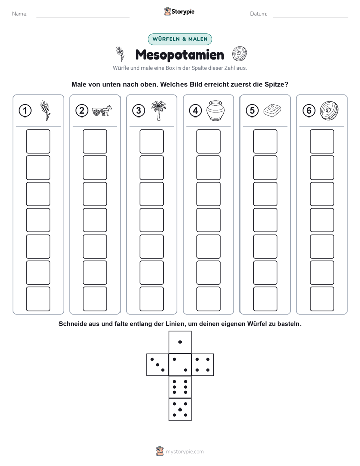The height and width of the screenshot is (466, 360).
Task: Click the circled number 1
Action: click(25, 111)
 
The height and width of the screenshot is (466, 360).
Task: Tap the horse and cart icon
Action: click(102, 110)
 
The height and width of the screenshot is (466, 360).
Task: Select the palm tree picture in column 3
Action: click(159, 110)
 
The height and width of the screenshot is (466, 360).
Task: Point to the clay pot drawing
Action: click(216, 110)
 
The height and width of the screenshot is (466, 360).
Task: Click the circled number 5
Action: click(252, 111)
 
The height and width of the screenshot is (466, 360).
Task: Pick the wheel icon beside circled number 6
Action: click(329, 110)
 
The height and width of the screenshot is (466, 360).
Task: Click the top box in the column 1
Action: click(38, 141)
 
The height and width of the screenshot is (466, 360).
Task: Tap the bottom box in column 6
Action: click(322, 299)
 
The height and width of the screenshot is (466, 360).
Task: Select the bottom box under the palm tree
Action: click(151, 299)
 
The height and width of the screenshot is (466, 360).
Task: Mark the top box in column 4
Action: click(208, 141)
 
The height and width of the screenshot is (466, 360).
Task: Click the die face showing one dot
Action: click(180, 342)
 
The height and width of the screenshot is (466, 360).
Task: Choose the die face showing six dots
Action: click(180, 387)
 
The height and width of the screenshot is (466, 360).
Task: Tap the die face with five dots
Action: click(180, 410)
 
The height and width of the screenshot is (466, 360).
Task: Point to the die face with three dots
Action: click(158, 365)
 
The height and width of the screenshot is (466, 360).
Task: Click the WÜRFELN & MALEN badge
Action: click(180, 39)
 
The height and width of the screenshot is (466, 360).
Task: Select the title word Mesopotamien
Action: click(179, 54)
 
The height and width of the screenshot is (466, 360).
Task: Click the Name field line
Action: click(83, 17)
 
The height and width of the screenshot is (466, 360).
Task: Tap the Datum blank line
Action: click(311, 17)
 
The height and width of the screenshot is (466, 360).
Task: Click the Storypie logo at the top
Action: click(179, 11)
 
